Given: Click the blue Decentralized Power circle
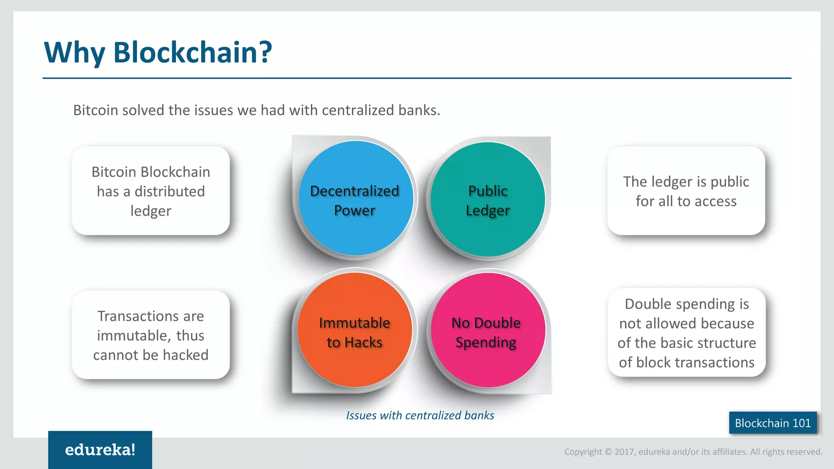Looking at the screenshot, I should coord(356,198).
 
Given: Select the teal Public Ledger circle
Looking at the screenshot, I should coord(487,199).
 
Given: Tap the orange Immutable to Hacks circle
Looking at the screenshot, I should coord(355,330).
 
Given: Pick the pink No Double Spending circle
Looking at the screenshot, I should coord(487,330).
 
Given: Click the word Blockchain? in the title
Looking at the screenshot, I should coord(192,53).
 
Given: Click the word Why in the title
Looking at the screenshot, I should coord(74,53).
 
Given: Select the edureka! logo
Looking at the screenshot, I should coord(100,450).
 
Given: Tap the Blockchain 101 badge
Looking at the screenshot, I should coord(773,423).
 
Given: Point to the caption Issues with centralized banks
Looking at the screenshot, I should coord(420,415).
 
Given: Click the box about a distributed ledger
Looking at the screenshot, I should coord(151,191).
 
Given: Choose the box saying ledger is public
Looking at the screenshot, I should coord(686,191).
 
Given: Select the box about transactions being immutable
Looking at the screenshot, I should coord(151,335).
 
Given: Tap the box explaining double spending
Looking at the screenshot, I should coord(687,333).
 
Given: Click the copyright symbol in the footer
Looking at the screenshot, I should coord(608,452).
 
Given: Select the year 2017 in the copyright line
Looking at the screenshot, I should coord(625,452).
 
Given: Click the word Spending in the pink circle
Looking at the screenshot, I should coord(486,342).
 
